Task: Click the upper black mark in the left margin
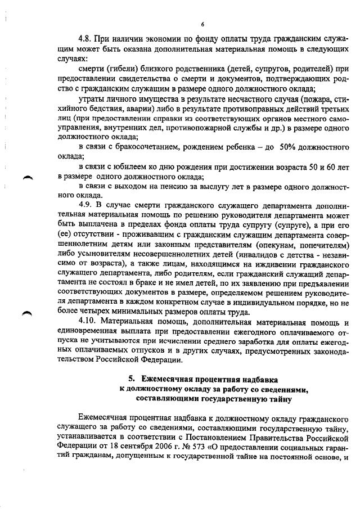[x=26, y=178]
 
